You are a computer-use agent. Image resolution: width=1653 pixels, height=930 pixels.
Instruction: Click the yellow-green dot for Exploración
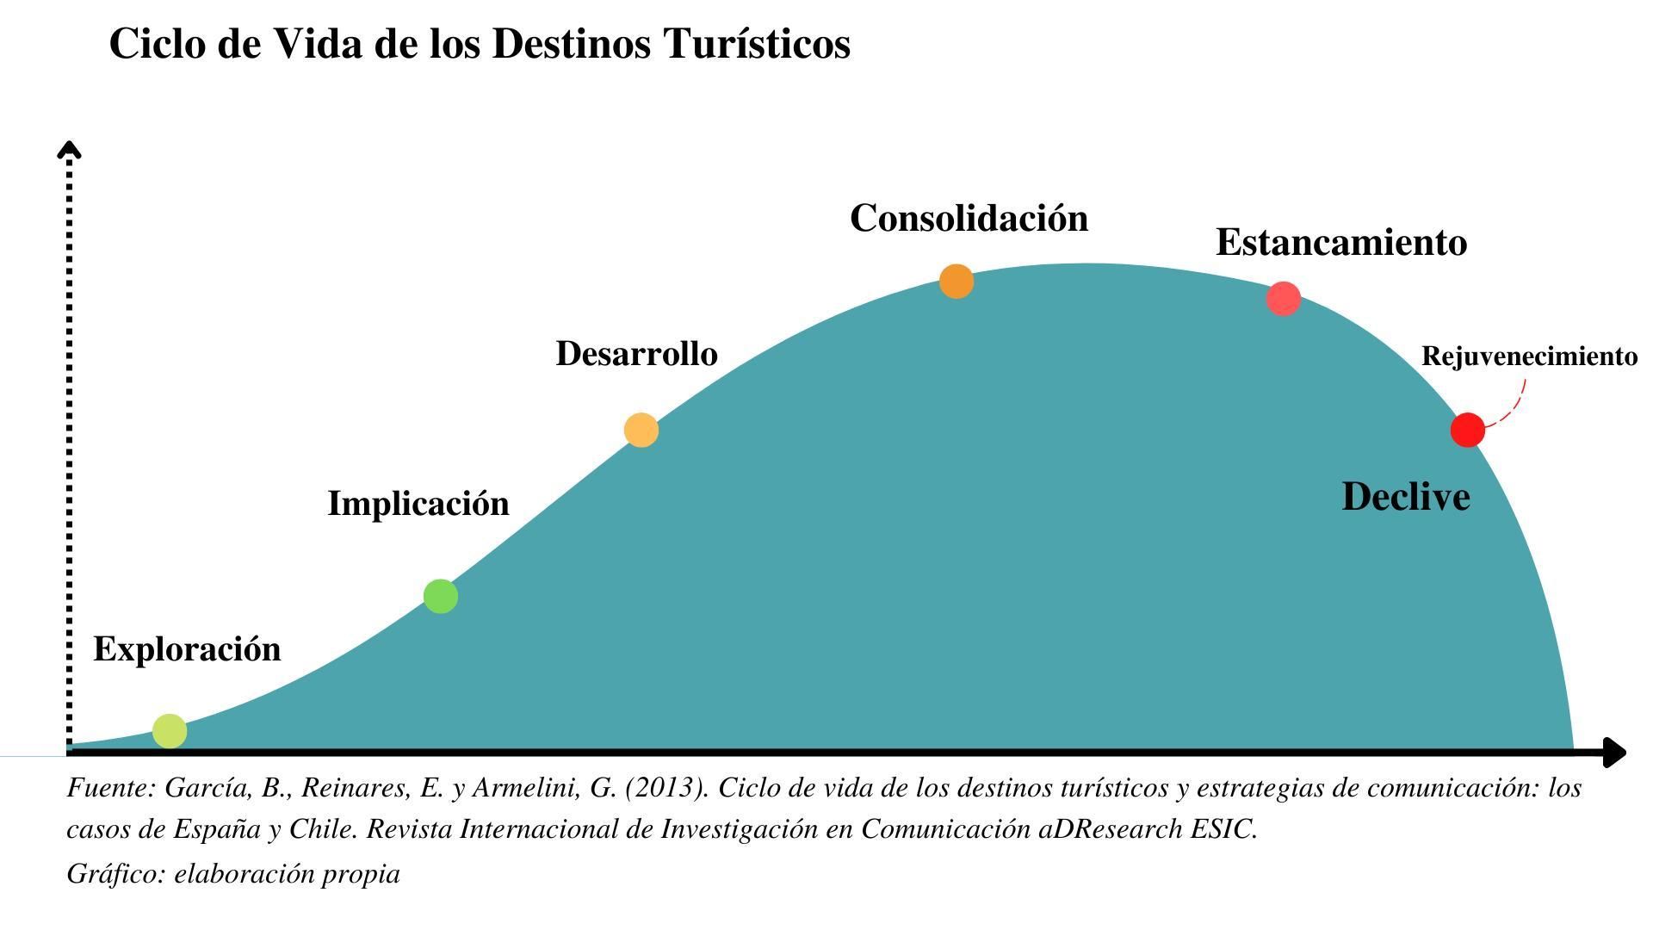(x=170, y=731)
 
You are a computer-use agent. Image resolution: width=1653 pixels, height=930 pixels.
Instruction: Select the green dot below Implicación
(x=441, y=596)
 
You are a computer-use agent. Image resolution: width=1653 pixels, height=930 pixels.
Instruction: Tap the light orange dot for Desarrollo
(x=641, y=430)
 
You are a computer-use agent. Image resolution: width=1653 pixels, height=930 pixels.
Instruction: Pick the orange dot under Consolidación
(x=957, y=282)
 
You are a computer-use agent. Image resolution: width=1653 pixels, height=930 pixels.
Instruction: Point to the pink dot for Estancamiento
(x=1284, y=299)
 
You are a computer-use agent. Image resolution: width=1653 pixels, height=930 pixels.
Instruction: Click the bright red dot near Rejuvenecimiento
(x=1468, y=430)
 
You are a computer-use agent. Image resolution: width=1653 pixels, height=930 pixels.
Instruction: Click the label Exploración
(x=187, y=649)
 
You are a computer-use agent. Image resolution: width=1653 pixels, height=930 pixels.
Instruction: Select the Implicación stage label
(x=418, y=504)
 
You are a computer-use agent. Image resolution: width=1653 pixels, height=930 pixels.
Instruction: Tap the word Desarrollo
(x=636, y=354)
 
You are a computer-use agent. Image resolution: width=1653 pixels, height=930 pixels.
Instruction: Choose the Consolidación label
(x=969, y=219)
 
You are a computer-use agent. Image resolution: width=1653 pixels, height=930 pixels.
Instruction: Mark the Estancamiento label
(x=1341, y=243)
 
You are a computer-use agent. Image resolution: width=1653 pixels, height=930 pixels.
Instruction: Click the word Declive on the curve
(x=1406, y=498)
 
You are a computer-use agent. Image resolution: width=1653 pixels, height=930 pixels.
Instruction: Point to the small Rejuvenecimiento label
(x=1529, y=356)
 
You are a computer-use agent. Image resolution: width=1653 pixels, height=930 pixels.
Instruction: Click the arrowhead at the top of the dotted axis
(x=69, y=149)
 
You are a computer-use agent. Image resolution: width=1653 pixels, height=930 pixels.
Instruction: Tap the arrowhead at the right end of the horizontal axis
(x=1616, y=753)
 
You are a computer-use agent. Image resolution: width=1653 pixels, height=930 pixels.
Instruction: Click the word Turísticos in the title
(x=758, y=44)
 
